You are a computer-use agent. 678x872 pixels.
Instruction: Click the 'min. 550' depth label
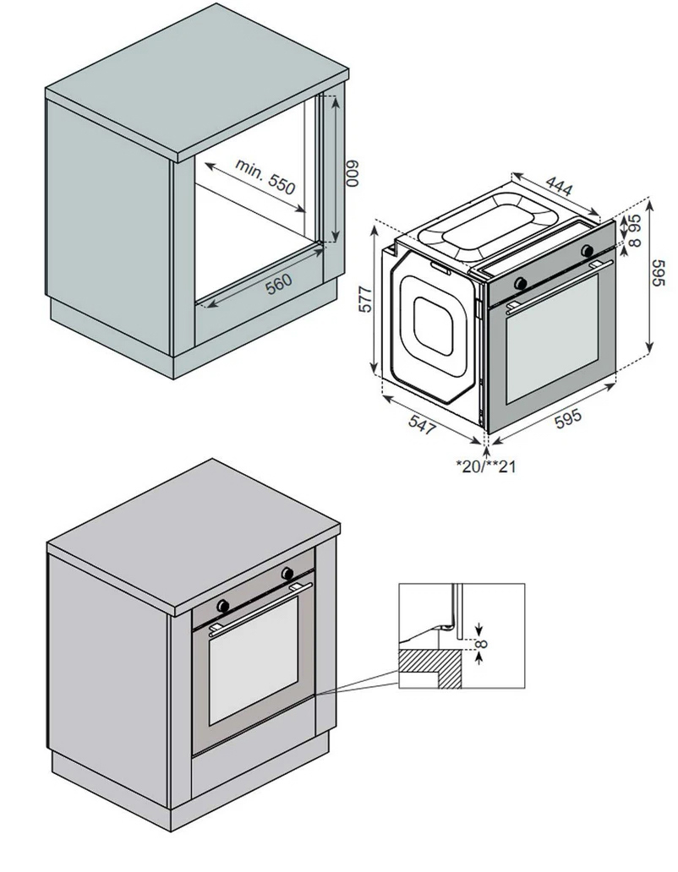[265, 176]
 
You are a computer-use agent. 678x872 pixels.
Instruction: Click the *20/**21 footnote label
[485, 466]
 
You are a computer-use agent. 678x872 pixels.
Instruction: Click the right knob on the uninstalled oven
[587, 250]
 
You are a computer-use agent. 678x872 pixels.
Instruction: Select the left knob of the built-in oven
[224, 605]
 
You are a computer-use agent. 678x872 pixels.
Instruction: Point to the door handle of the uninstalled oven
[554, 286]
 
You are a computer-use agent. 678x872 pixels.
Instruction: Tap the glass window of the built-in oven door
[254, 668]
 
